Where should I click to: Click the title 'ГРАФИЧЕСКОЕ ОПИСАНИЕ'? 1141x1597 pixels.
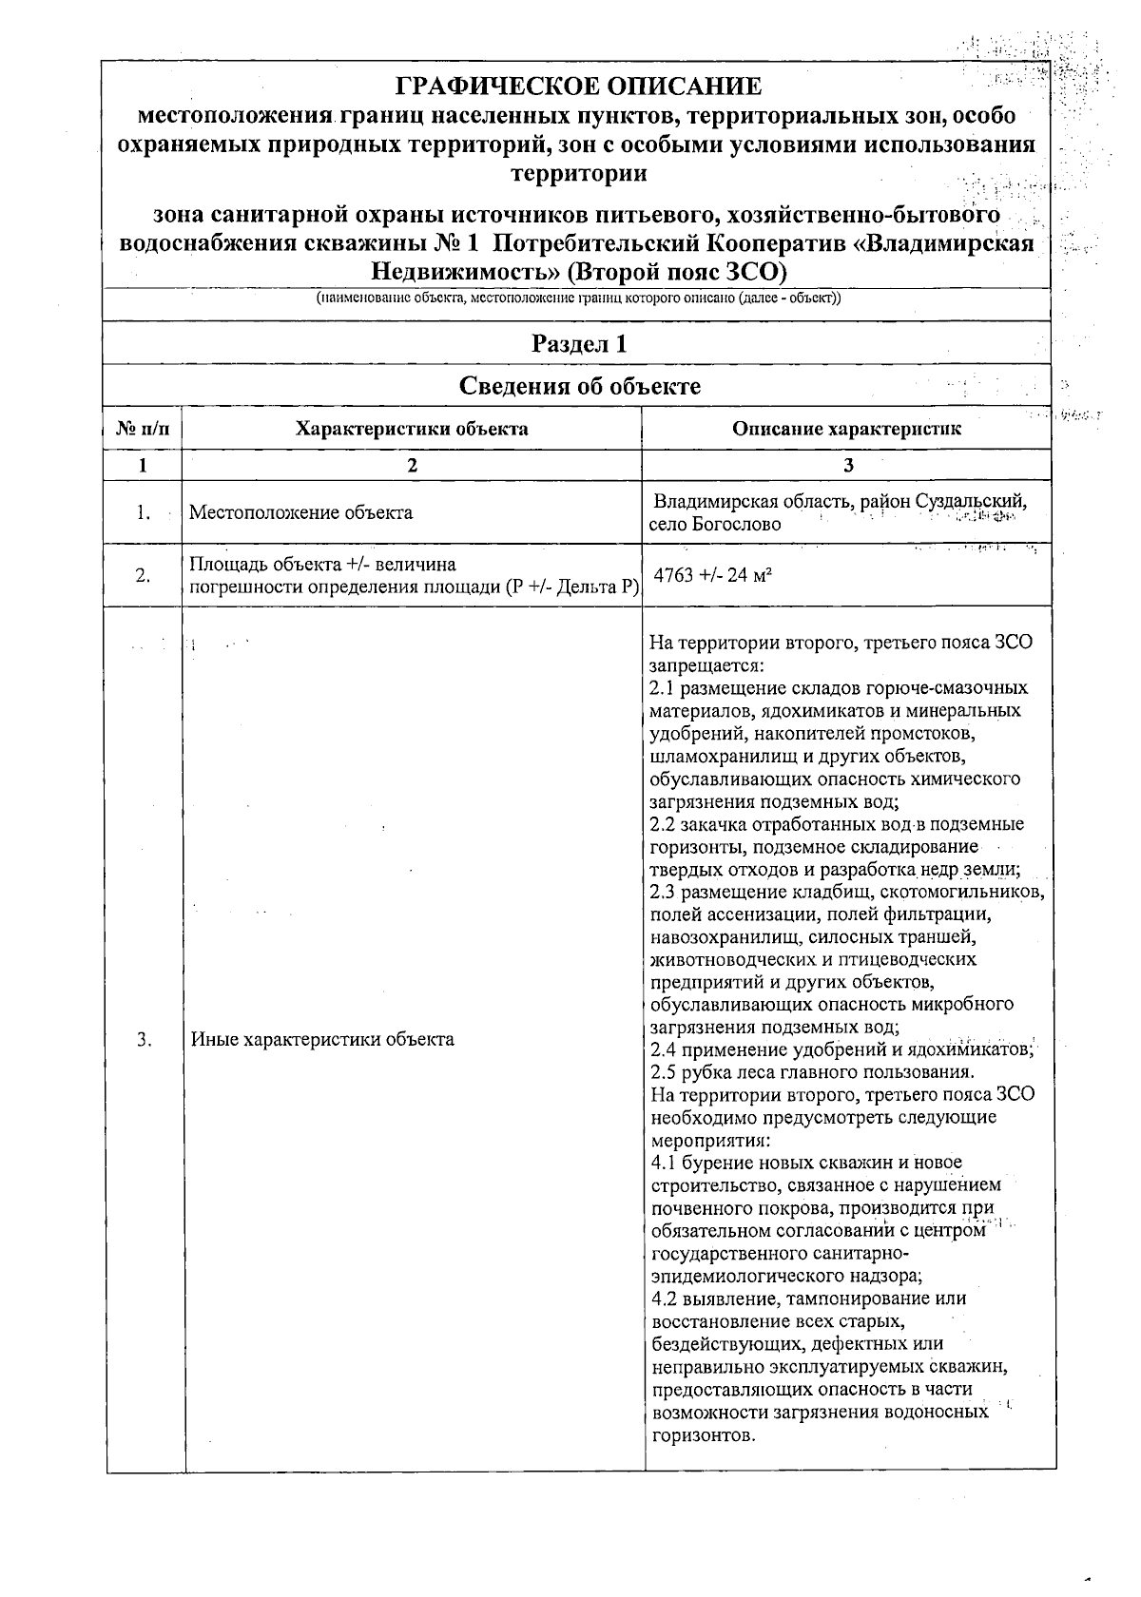tap(578, 87)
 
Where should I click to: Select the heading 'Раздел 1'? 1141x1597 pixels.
tap(578, 344)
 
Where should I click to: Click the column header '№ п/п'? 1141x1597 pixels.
tap(143, 429)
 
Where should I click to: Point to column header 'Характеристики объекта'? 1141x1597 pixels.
tap(412, 429)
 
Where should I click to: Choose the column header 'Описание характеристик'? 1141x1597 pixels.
tap(846, 429)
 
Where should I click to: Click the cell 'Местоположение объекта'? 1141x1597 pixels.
tap(300, 513)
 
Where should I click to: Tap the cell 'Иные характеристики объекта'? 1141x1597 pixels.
tap(322, 1039)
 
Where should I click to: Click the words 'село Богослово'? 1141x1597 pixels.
tap(714, 525)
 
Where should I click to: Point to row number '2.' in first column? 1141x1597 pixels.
tap(143, 575)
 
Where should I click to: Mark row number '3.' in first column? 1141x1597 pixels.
tap(143, 1039)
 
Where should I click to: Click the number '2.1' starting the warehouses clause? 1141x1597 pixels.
tap(663, 687)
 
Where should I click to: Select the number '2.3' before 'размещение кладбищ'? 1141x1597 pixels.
tap(663, 892)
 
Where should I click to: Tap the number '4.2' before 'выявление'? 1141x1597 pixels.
tap(663, 1298)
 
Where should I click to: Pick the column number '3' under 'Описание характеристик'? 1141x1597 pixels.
tap(847, 465)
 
